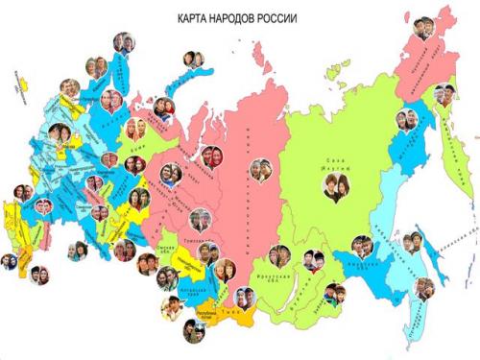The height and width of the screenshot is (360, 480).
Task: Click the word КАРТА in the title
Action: (194, 18)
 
